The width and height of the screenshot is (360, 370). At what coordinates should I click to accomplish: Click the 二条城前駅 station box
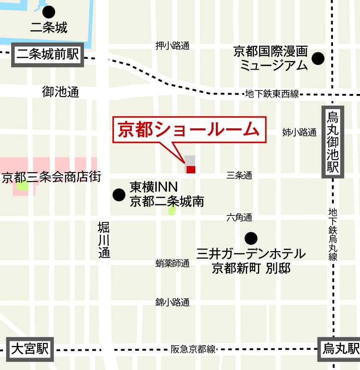coord(48,55)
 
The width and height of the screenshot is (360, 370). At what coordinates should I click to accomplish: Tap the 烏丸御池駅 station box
coord(333,142)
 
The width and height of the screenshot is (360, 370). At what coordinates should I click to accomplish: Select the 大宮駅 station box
coord(30,349)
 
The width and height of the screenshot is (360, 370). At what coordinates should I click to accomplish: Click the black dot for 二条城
coord(49,12)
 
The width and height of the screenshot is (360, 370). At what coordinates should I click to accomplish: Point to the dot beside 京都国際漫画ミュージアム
coord(318,58)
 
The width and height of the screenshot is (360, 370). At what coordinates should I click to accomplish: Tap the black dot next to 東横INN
coord(119,195)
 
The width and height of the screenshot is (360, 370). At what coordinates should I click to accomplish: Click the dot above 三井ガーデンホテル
coord(251,238)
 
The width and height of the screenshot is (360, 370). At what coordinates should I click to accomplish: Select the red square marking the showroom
coord(191,170)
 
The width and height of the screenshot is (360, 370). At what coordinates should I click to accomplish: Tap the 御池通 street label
coord(61,91)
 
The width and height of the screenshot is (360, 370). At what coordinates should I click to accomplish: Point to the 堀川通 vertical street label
coord(104,240)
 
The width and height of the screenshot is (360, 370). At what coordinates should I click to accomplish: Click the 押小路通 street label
coord(172,46)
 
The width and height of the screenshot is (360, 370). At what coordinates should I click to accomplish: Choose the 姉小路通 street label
coord(299,132)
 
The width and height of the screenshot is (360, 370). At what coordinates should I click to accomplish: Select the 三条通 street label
coord(239,175)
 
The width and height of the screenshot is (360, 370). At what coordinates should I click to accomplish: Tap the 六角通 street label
coord(239,218)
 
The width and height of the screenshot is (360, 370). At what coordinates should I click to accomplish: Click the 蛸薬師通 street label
coord(172,264)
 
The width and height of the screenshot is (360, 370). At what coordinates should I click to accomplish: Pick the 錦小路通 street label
coord(172,302)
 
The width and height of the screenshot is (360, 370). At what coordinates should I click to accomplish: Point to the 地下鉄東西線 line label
coord(272,94)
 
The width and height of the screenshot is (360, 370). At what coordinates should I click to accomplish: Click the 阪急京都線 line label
coord(193,349)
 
